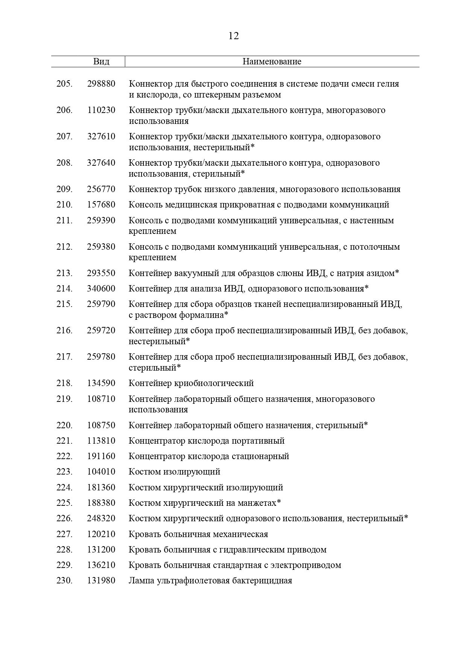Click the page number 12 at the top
pos(233,36)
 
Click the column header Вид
pos(101,61)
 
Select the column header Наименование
pos(272,61)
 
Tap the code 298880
pos(101,84)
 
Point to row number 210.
pos(64,205)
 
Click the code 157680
pos(101,205)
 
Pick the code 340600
pos(101,289)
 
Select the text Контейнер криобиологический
pos(191,383)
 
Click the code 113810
pos(101,441)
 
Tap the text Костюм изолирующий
pos(174,472)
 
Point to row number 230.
pos(64,580)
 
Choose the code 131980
pos(101,580)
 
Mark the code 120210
pos(101,534)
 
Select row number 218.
pos(64,383)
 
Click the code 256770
pos(101,189)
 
